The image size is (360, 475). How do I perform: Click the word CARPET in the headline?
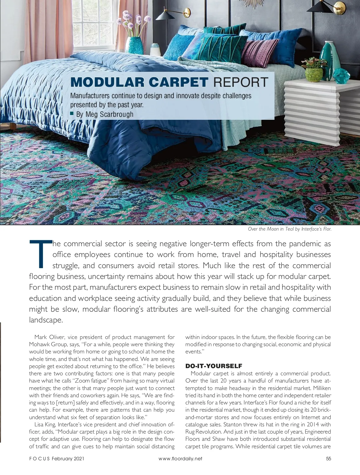(178, 82)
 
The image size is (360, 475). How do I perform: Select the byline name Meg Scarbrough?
(109, 114)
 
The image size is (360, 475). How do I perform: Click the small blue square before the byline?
(72, 113)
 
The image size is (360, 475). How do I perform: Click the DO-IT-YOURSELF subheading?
(214, 366)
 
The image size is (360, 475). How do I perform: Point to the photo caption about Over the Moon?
(289, 229)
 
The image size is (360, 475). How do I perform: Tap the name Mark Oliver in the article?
(47, 337)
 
